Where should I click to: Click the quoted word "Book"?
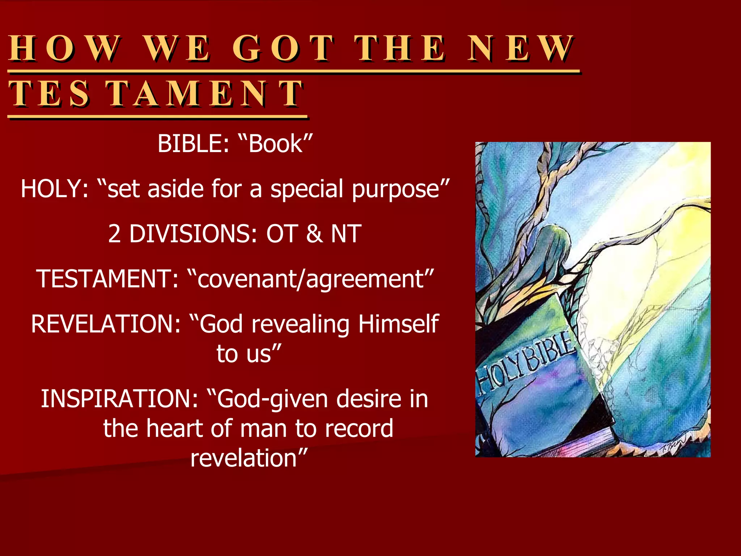pos(275,144)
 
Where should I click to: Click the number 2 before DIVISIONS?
pos(114,234)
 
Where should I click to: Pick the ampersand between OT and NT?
pos(314,234)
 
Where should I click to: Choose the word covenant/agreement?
pos(310,279)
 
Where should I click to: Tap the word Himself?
pos(398,324)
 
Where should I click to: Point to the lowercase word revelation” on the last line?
pos(249,458)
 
